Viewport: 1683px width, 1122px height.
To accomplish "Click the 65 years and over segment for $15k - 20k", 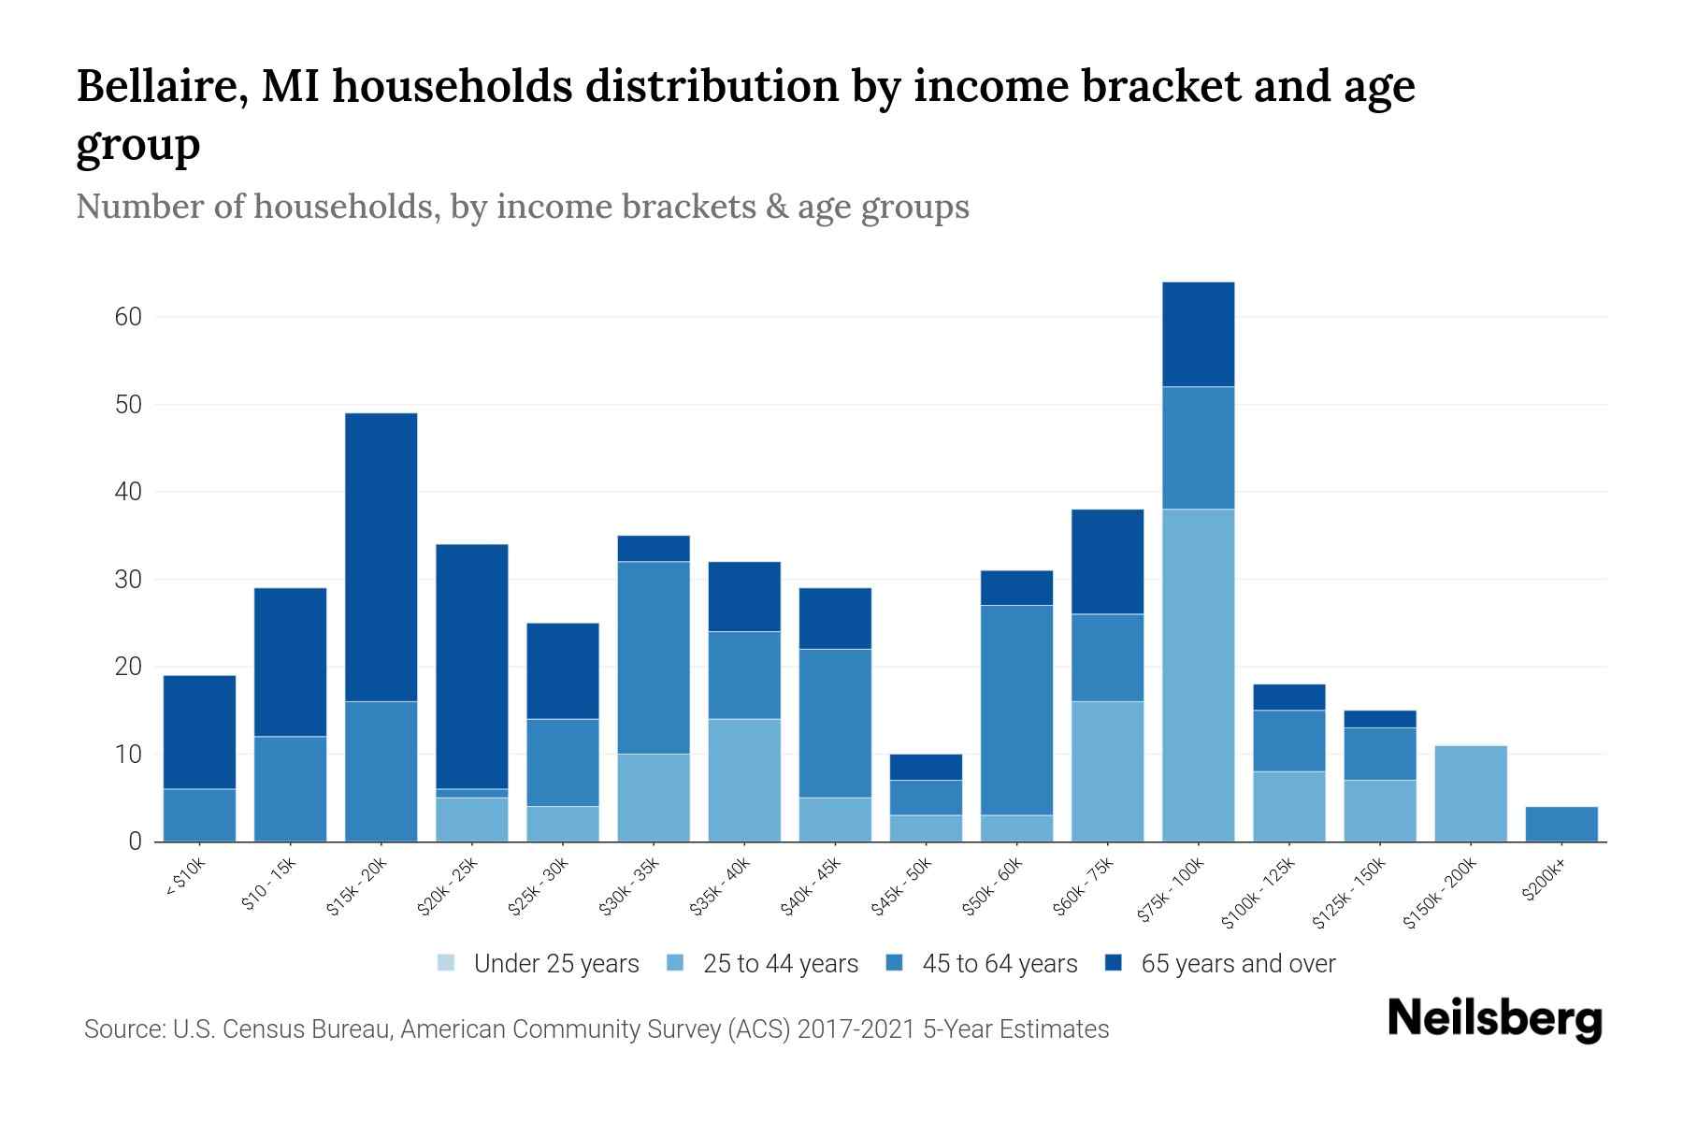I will [381, 557].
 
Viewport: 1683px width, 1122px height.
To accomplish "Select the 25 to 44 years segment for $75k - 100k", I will [1198, 675].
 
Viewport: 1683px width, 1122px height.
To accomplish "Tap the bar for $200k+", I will [1561, 824].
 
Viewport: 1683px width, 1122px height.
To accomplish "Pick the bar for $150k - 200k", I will [1470, 793].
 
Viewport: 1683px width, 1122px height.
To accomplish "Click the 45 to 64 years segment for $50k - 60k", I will [1016, 711].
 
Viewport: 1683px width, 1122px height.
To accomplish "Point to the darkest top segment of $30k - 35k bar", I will [654, 548].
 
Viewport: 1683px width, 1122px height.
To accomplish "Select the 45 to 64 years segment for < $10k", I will [199, 815].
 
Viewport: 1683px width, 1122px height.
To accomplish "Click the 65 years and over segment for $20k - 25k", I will [471, 666].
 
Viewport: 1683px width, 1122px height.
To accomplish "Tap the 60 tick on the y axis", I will [128, 317].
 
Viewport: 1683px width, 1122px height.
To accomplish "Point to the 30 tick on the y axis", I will [128, 580].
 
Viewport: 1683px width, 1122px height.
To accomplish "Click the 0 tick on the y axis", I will [135, 841].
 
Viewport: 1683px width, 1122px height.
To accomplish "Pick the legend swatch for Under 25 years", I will [446, 963].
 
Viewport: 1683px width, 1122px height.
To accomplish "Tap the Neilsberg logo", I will [1494, 1019].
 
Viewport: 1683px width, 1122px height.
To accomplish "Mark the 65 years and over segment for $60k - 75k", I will [1107, 561].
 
